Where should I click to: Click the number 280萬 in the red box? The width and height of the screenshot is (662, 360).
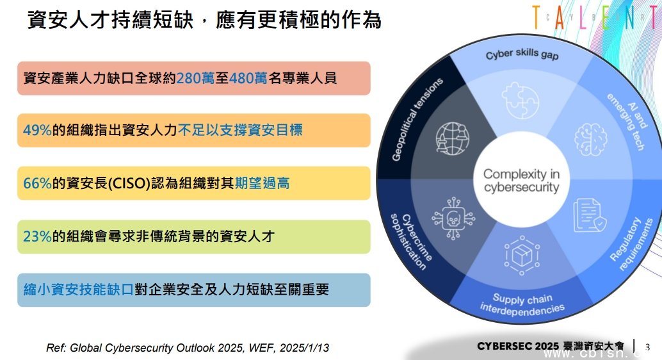coord(195,78)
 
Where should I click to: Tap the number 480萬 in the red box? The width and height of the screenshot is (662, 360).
coord(248,78)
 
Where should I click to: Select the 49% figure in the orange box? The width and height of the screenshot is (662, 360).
coord(37,130)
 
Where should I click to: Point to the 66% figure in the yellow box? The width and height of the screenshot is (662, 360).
coord(37,183)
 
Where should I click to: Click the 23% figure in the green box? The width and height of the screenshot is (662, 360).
coord(37,236)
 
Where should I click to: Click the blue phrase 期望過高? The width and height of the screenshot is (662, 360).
coord(262,183)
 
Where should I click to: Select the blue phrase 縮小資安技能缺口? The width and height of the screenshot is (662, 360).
coord(79,290)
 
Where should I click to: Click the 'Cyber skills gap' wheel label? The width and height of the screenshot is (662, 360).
coord(522,54)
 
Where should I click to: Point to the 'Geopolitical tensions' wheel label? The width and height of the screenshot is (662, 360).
coord(417,119)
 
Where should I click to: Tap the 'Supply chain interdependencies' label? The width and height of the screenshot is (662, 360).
coord(522,304)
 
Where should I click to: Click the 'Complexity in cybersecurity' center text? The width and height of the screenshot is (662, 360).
coord(521,181)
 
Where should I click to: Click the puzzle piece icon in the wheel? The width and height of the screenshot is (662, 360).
coord(520,101)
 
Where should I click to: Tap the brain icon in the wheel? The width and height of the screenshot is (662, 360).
coord(591,139)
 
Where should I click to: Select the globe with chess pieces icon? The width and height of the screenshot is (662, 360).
coord(453,138)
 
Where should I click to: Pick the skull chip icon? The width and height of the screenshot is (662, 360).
coord(453,218)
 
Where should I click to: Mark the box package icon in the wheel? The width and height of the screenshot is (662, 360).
coord(522,256)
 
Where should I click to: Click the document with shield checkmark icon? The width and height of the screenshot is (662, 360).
coord(590,215)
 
